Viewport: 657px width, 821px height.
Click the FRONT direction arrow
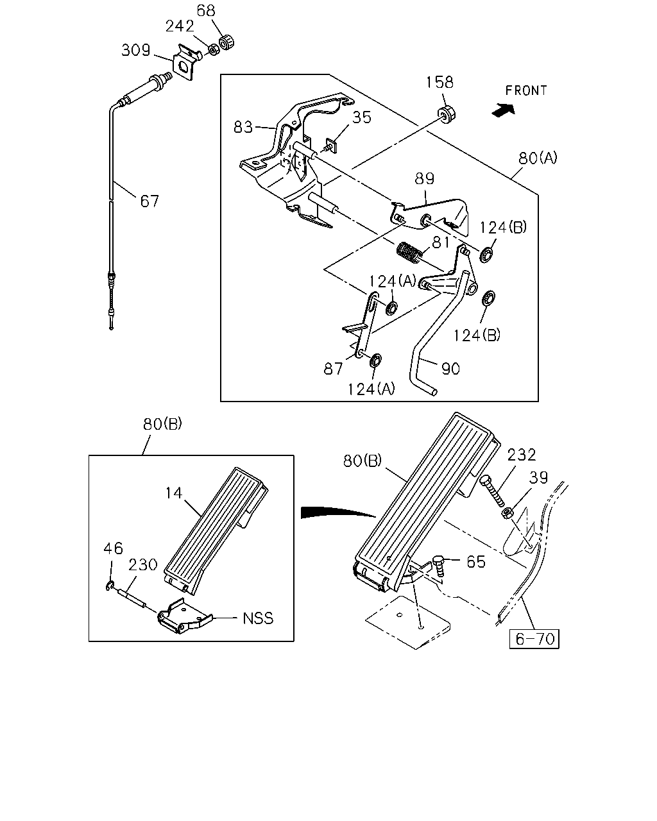point(504,110)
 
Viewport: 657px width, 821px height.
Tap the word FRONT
point(526,90)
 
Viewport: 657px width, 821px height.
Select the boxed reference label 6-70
point(534,639)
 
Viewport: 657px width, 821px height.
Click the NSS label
point(258,618)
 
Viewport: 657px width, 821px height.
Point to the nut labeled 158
point(447,114)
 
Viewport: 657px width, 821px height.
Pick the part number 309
point(136,50)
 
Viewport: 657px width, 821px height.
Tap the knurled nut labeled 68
point(226,42)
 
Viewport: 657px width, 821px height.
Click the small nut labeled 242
point(214,50)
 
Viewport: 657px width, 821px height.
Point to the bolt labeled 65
point(439,568)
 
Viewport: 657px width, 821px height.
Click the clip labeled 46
point(110,586)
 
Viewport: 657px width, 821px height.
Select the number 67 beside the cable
point(149,201)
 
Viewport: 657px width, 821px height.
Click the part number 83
point(243,128)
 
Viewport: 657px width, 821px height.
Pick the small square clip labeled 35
point(331,146)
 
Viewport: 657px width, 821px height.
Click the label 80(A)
point(538,158)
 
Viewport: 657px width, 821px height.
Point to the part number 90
point(450,369)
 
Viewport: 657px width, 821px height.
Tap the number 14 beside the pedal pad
point(174,493)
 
